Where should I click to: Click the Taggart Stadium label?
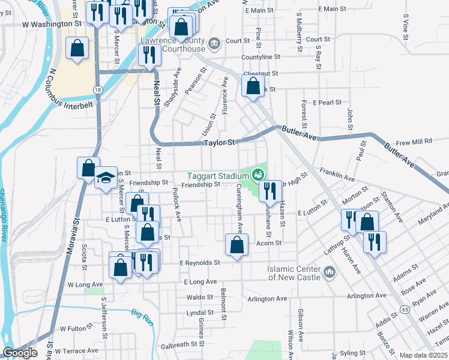coord(218,176)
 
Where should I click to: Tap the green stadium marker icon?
coord(258,175)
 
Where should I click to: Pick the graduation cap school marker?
coord(106,178)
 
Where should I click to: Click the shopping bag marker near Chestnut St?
coord(253,85)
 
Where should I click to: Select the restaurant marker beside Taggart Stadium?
coord(270,191)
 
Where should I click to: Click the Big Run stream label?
coord(143,314)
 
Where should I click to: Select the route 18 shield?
coord(97,89)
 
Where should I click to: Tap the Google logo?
coord(20,353)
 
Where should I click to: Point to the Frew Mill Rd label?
coord(414,142)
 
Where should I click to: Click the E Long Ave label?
coord(202,281)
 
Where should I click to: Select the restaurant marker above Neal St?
coord(148,55)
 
